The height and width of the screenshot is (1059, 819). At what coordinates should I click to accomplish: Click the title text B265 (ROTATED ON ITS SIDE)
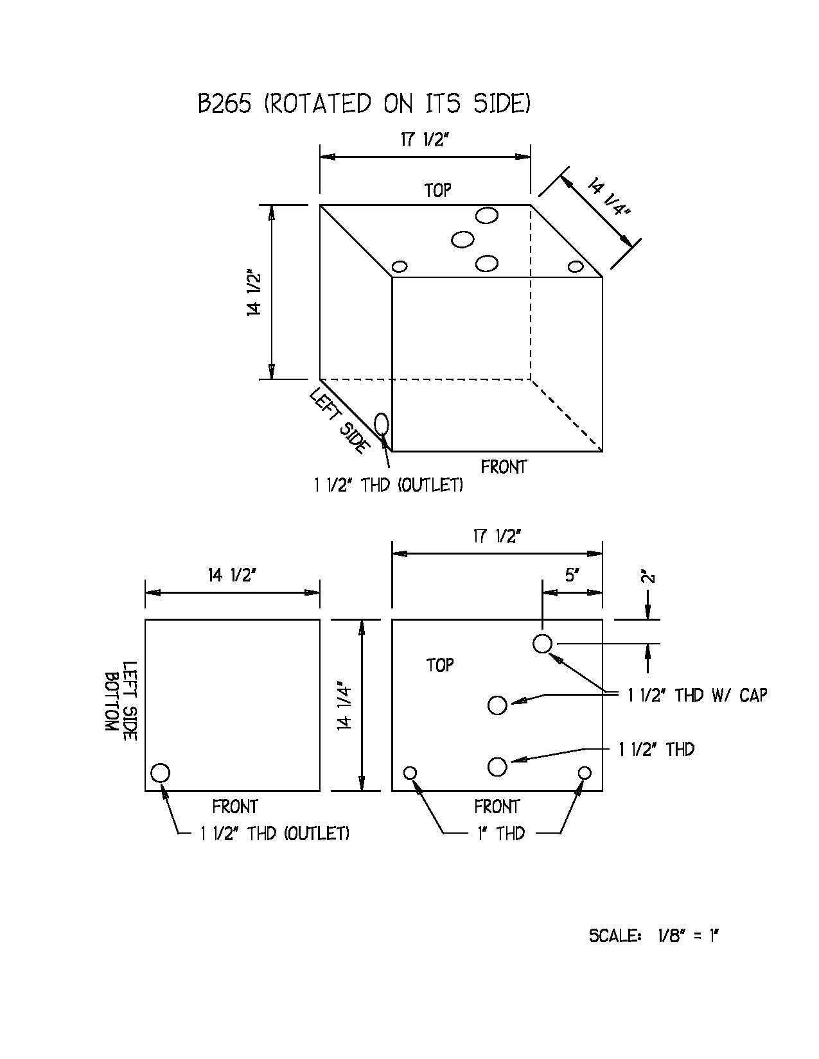coord(364,103)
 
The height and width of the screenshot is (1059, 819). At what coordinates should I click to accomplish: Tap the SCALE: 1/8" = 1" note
coord(654,936)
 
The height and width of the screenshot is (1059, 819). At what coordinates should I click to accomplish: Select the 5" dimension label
coord(572,576)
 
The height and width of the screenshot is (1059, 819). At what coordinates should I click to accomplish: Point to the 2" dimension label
coord(648,578)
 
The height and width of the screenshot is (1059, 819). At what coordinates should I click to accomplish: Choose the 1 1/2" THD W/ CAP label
coord(697,695)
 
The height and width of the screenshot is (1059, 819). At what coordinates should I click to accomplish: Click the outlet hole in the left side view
coord(160,773)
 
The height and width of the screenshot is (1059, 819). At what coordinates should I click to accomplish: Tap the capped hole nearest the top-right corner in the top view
coord(542,644)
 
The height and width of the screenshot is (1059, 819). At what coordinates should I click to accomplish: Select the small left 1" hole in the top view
coord(410,773)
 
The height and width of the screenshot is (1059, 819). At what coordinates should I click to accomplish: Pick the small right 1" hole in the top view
coord(585,773)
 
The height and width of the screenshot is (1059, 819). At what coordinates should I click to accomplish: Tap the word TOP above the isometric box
coord(437,190)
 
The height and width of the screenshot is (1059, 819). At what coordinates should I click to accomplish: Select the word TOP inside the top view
coord(440,665)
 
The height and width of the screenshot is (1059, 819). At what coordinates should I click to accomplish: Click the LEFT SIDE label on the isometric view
coord(339,420)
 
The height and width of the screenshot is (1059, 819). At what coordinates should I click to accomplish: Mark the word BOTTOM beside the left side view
coord(112,702)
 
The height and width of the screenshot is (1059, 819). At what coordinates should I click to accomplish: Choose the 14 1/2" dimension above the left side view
coord(232,576)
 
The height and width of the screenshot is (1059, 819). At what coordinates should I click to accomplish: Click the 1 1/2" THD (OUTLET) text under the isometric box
coord(389,485)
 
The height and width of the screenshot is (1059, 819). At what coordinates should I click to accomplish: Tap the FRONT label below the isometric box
coord(504,467)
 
